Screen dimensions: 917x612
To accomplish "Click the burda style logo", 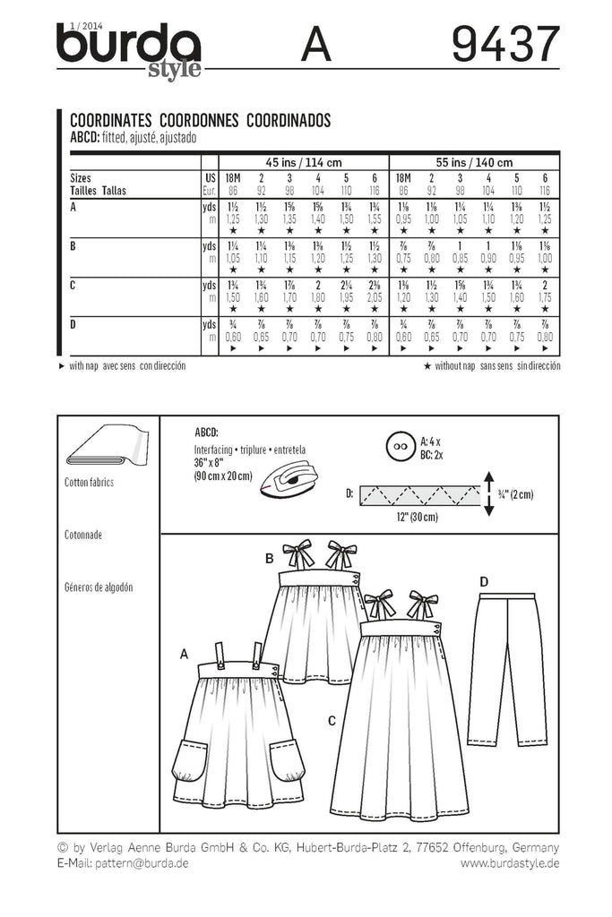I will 128,50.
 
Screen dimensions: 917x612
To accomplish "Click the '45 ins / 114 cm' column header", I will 303,162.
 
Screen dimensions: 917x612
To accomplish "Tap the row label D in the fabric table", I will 73,323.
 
